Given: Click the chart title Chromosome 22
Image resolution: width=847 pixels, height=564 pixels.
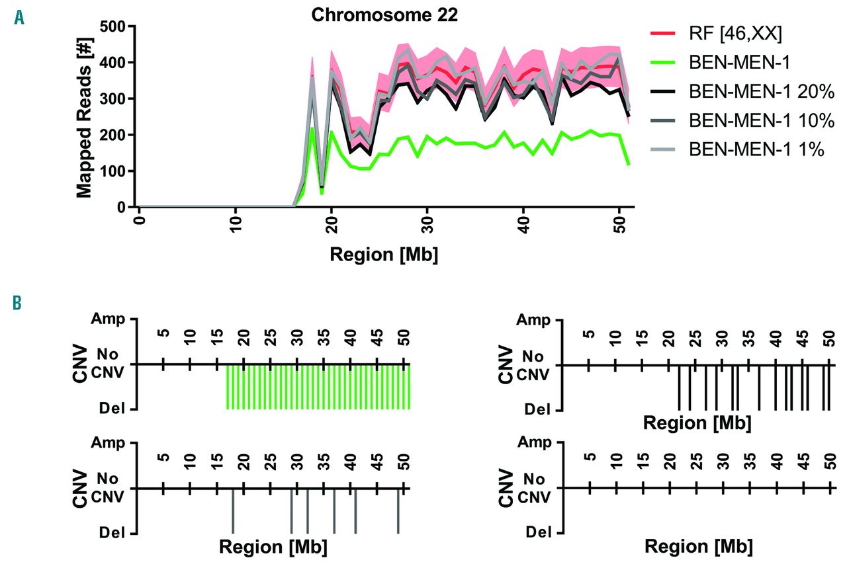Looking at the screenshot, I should [384, 15].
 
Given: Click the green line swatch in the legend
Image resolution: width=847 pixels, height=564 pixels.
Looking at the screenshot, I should [665, 61].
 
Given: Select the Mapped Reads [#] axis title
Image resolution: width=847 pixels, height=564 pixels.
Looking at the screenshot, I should [84, 116].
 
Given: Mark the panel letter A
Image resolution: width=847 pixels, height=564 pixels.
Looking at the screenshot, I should [19, 19].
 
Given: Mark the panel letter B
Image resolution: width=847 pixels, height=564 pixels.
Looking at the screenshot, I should [18, 303].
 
